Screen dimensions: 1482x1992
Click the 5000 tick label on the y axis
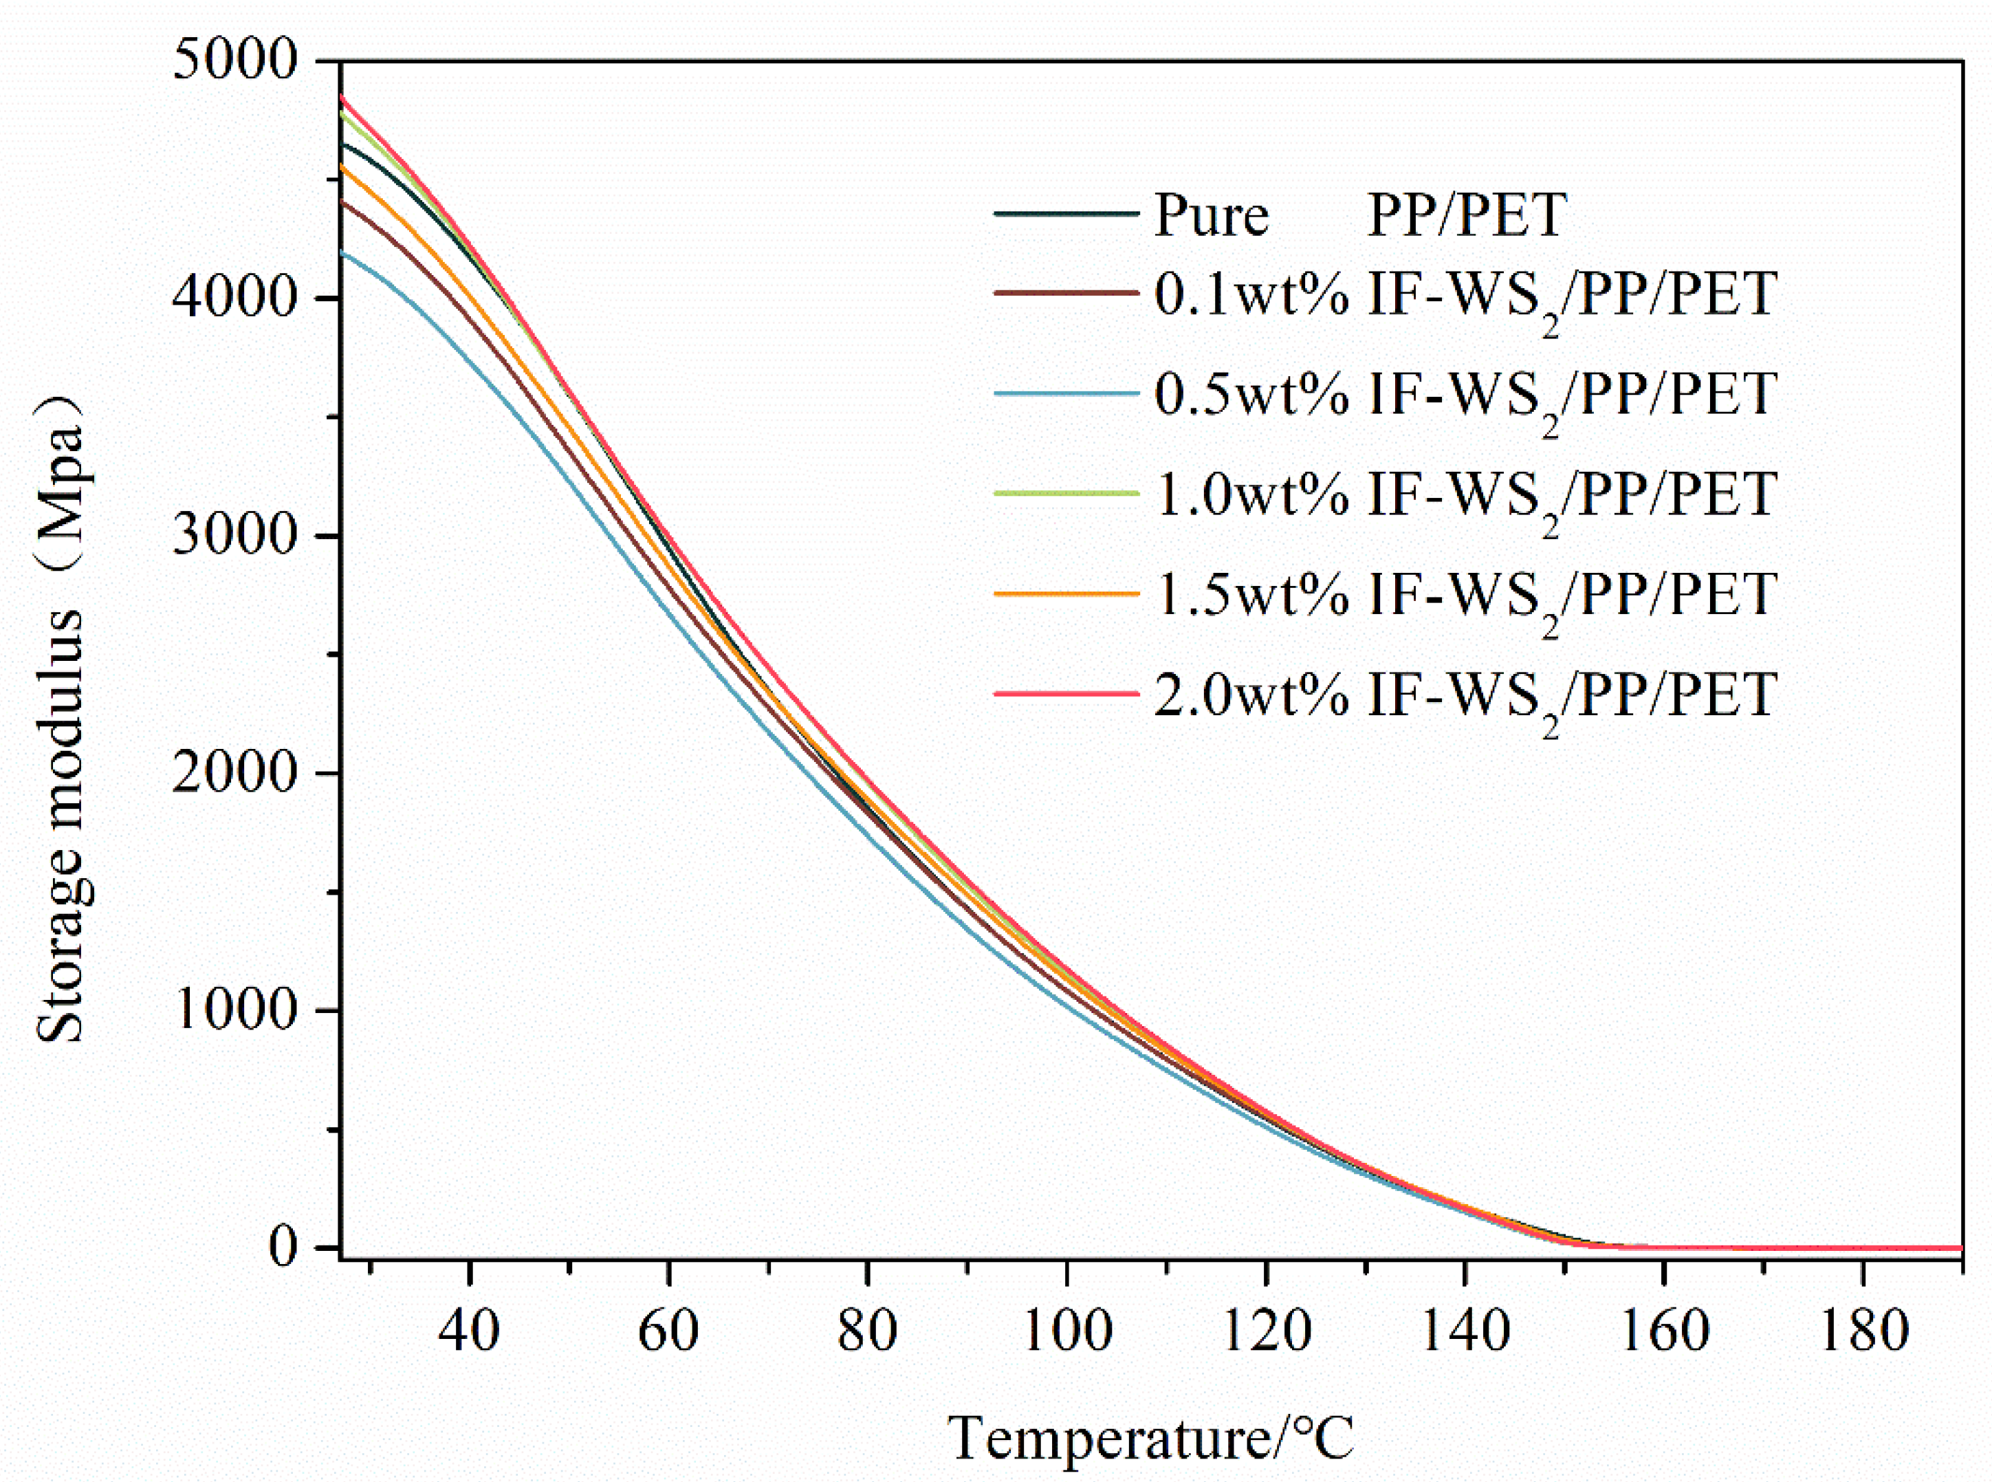click(235, 63)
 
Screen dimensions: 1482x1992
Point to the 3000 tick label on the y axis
click(235, 536)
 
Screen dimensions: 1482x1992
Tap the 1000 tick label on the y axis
click(235, 1010)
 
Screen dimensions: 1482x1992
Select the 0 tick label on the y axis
click(283, 1247)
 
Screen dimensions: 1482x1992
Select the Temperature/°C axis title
click(1151, 1438)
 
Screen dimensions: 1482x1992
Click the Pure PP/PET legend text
click(1359, 215)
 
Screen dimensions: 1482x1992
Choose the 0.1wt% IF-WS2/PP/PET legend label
click(1465, 296)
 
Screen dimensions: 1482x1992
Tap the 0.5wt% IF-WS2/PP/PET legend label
click(1465, 395)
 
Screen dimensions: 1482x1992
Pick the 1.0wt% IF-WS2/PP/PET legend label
click(1465, 496)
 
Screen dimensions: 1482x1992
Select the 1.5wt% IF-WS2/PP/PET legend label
click(1465, 596)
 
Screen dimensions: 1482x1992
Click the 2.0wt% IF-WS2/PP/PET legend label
click(1465, 696)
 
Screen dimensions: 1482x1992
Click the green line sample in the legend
click(1066, 493)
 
